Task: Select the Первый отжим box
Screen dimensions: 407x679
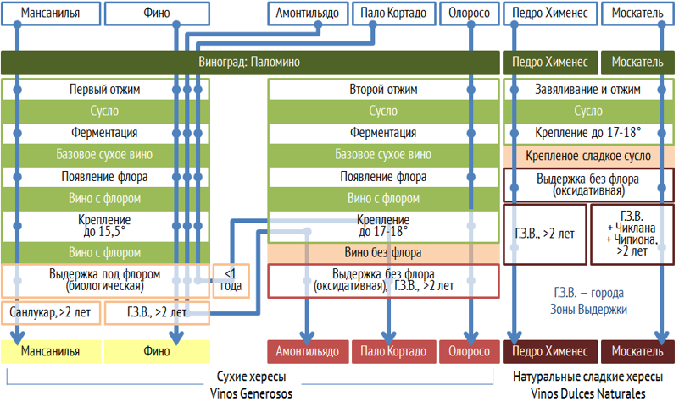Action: click(x=104, y=89)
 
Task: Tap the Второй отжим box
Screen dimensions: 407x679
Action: click(x=382, y=89)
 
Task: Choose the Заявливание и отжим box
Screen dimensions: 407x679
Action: click(x=588, y=89)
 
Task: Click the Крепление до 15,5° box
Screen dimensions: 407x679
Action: click(x=104, y=224)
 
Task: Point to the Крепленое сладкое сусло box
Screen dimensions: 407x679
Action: click(x=588, y=156)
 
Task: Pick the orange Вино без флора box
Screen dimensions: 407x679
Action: click(x=382, y=252)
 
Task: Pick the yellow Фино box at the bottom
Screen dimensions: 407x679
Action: click(x=158, y=351)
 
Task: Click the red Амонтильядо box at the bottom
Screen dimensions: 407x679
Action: click(x=308, y=351)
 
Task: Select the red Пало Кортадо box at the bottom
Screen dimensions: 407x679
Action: click(x=392, y=351)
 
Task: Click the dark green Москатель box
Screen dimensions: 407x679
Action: click(x=638, y=63)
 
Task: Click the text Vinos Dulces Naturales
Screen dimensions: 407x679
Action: click(x=588, y=393)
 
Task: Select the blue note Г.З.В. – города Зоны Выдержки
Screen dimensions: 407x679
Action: click(x=588, y=301)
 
